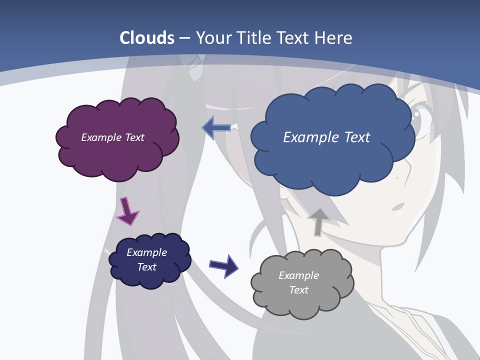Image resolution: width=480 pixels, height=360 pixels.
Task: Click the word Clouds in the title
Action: pyautogui.click(x=147, y=38)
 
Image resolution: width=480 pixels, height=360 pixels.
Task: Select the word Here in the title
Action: pyautogui.click(x=334, y=38)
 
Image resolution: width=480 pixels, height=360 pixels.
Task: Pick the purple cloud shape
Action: pyautogui.click(x=117, y=155)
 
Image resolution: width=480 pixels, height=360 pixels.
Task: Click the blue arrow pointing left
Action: pyautogui.click(x=216, y=128)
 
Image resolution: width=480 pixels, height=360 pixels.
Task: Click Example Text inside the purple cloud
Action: pyautogui.click(x=113, y=137)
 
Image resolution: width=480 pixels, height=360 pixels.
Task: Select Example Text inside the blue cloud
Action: pyautogui.click(x=327, y=137)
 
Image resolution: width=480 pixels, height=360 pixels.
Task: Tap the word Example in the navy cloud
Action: pyautogui.click(x=147, y=252)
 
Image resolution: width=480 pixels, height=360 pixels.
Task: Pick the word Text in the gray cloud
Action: pyautogui.click(x=299, y=290)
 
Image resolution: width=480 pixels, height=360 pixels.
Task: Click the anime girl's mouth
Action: pyautogui.click(x=398, y=206)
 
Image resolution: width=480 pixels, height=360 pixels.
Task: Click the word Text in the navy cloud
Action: pyautogui.click(x=147, y=267)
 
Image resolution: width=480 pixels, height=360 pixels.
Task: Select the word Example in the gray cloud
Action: pyautogui.click(x=299, y=275)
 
